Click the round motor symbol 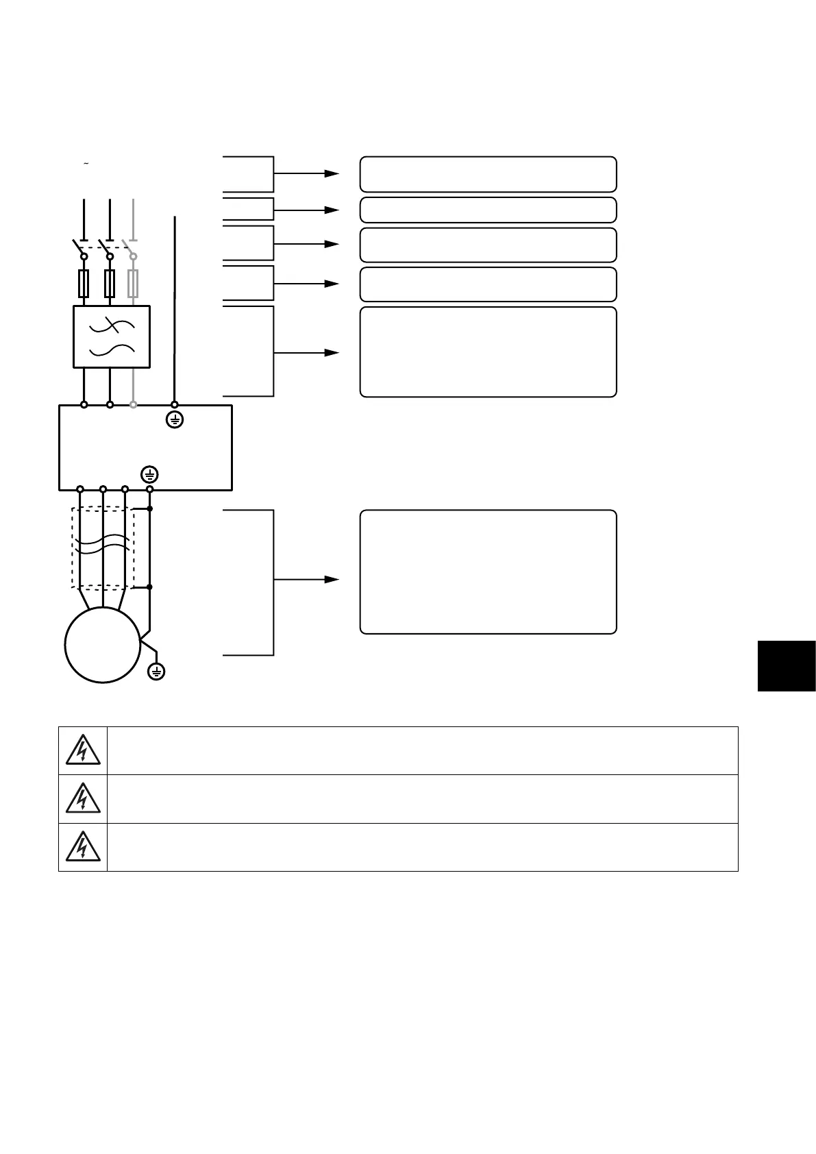(x=103, y=645)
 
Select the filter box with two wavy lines (x=112, y=336)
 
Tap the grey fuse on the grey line (x=134, y=284)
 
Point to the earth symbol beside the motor (x=157, y=672)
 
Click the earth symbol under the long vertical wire (x=175, y=420)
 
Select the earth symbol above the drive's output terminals (x=150, y=474)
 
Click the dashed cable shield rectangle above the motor (x=103, y=548)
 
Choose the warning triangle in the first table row (x=83, y=751)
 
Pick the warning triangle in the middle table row (x=83, y=799)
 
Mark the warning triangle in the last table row (x=83, y=847)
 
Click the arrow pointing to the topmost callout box (x=332, y=173)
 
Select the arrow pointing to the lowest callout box (x=332, y=579)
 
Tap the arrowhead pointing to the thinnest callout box (x=332, y=210)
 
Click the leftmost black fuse (x=84, y=284)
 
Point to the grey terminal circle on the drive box (x=134, y=405)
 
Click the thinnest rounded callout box (x=488, y=210)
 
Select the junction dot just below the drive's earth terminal (x=150, y=509)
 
